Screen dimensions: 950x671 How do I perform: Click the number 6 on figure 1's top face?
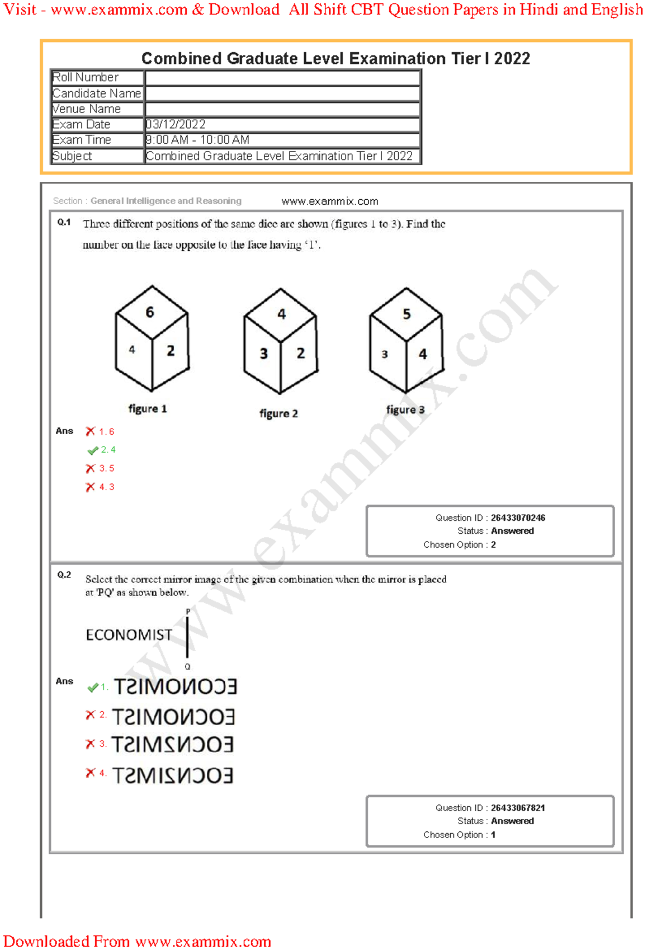pyautogui.click(x=149, y=312)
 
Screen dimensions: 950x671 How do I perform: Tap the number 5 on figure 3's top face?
pyautogui.click(x=407, y=314)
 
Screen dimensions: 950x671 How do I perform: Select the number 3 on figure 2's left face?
pyautogui.click(x=263, y=354)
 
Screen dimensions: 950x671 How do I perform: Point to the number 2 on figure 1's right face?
pyautogui.click(x=171, y=351)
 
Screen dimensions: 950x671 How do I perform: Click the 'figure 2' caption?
pyautogui.click(x=278, y=413)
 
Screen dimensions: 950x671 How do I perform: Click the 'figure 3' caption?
pyautogui.click(x=405, y=410)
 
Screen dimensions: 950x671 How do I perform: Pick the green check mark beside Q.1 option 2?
pyautogui.click(x=93, y=450)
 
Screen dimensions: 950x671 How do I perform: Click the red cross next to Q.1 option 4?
pyautogui.click(x=90, y=487)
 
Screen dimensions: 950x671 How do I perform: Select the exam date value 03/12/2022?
pyautogui.click(x=176, y=124)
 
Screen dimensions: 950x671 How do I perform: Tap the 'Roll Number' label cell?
pyautogui.click(x=86, y=77)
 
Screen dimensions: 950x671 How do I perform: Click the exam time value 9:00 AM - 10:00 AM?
pyautogui.click(x=197, y=140)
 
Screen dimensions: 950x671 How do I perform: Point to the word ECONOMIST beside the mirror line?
pyautogui.click(x=129, y=635)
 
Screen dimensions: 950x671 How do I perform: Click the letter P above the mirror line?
pyautogui.click(x=188, y=612)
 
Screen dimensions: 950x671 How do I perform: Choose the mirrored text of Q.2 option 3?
pyautogui.click(x=172, y=745)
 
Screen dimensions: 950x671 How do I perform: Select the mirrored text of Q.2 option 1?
pyautogui.click(x=176, y=686)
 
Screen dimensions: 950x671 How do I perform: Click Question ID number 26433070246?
pyautogui.click(x=518, y=518)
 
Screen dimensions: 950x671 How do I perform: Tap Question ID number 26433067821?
pyautogui.click(x=518, y=808)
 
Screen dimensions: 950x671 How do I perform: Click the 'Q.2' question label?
pyautogui.click(x=64, y=575)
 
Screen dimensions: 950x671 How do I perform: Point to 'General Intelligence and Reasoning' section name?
pyautogui.click(x=166, y=201)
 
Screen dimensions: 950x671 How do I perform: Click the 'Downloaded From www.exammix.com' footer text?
pyautogui.click(x=137, y=941)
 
